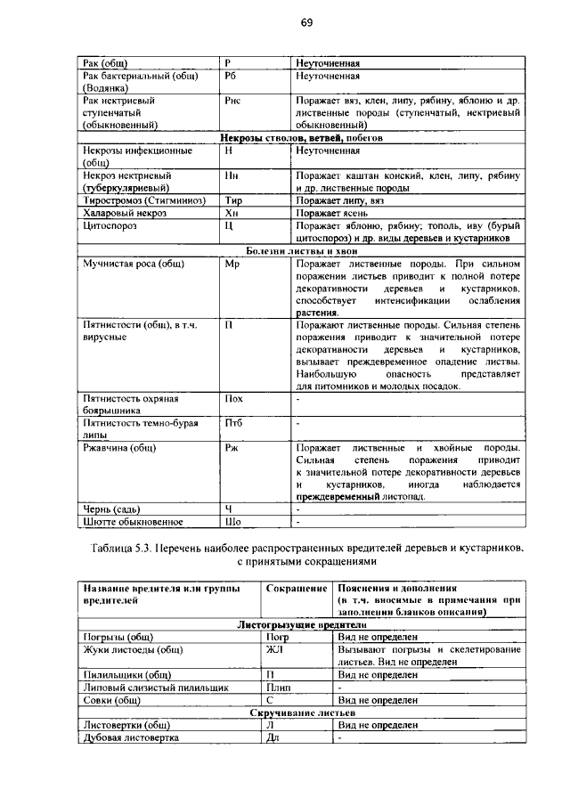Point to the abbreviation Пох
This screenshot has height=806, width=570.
234,400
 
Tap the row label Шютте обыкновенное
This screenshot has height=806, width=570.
132,521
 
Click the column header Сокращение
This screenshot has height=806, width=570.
295,589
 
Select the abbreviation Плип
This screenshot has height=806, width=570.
278,688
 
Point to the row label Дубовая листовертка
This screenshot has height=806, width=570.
131,737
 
